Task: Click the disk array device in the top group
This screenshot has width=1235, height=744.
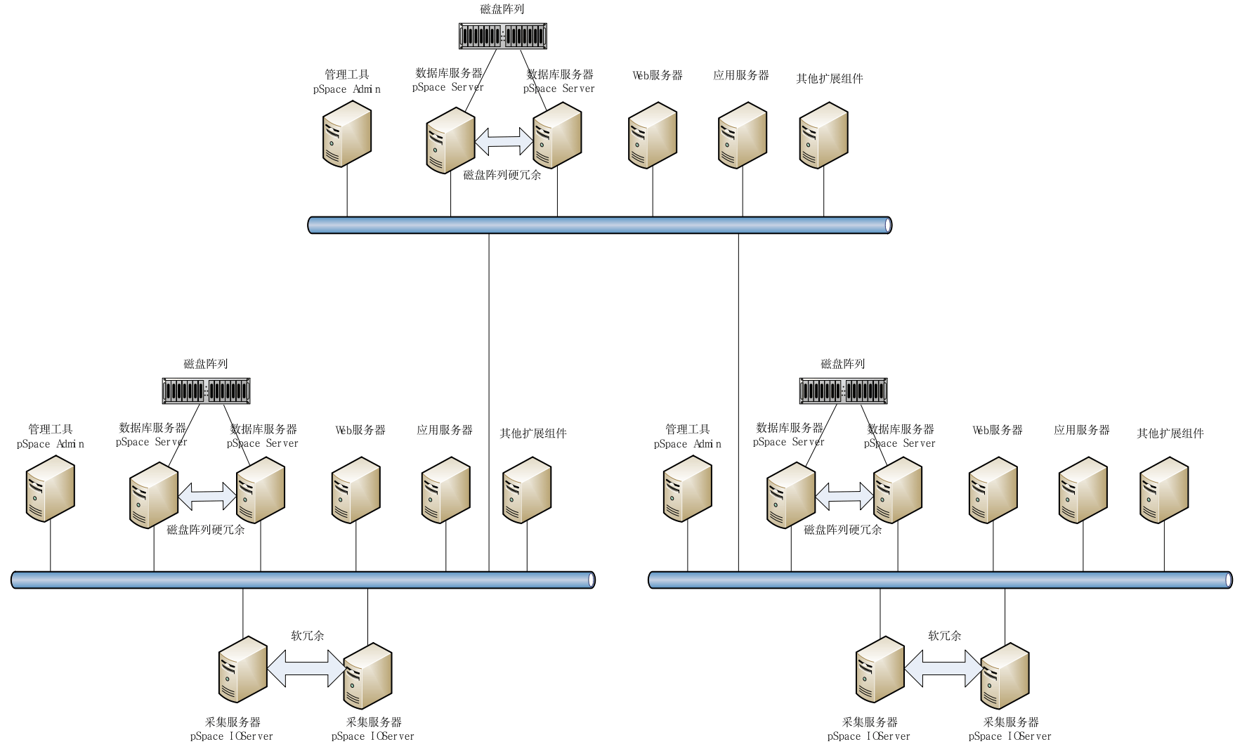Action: [x=503, y=37]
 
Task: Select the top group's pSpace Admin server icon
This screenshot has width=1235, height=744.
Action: [x=347, y=134]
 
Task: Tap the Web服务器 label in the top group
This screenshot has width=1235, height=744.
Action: [x=657, y=75]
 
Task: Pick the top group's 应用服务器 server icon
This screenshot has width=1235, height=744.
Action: [x=742, y=136]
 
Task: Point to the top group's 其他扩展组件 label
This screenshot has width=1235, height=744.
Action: [x=829, y=79]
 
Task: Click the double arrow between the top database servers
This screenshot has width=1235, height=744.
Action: [x=504, y=141]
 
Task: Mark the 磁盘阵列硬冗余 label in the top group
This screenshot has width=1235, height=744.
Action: [x=502, y=176]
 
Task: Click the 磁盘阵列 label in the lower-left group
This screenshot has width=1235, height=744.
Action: [x=206, y=364]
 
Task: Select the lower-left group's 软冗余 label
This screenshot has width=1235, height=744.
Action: [x=308, y=636]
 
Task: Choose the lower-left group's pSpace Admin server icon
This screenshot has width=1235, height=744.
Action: [x=51, y=489]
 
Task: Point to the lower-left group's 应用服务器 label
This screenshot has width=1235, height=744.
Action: [x=445, y=430]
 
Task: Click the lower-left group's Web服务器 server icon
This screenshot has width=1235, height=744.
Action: [x=356, y=490]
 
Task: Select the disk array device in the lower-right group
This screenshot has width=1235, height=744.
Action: [x=843, y=391]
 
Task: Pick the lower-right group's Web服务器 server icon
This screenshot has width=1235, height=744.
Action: [x=993, y=490]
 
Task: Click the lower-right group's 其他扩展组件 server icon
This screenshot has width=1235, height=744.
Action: [x=1164, y=490]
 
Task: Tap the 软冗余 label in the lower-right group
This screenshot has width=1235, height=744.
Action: [x=944, y=636]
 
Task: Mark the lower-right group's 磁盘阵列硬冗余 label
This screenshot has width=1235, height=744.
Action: [x=842, y=530]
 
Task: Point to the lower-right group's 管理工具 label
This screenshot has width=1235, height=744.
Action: [x=687, y=429]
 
